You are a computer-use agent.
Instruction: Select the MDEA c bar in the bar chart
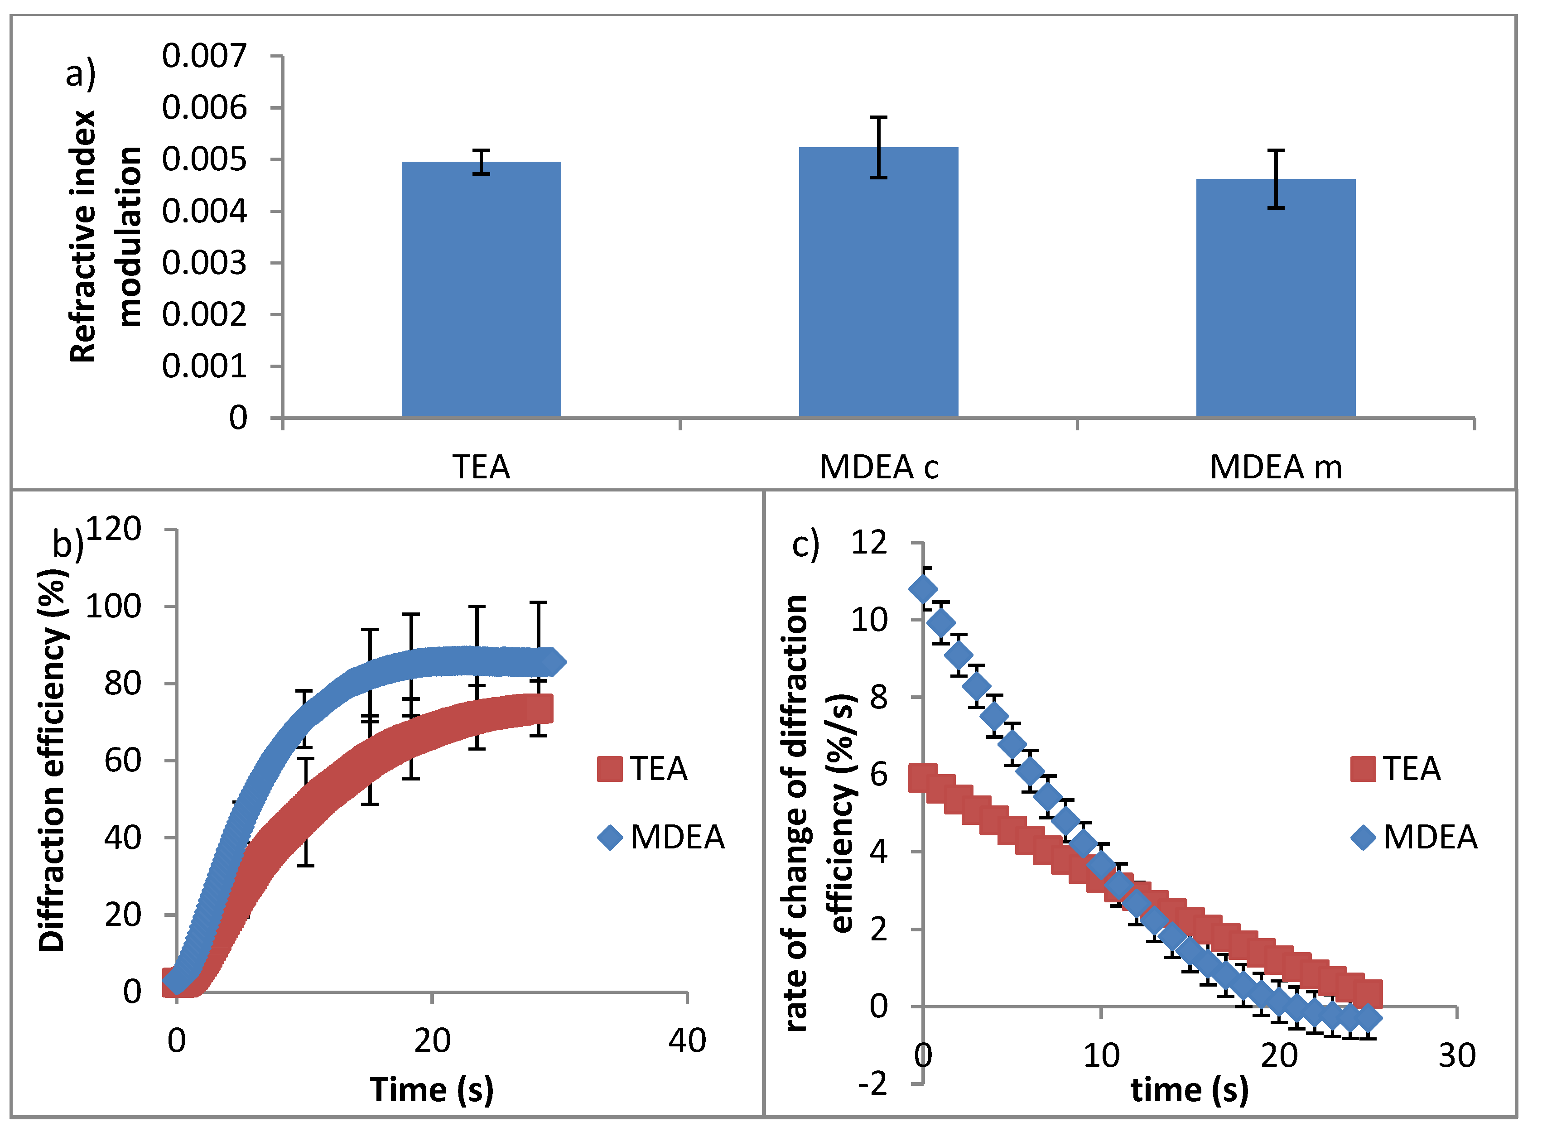coord(879,282)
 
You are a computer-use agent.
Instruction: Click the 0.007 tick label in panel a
coord(204,56)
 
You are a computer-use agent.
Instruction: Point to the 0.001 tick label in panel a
coord(204,366)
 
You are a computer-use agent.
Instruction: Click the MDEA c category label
coord(879,467)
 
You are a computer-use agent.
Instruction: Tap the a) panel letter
coord(80,74)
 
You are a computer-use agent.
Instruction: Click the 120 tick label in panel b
coord(113,529)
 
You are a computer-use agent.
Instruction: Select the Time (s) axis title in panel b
coord(432,1089)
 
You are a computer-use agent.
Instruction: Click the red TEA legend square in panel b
coord(609,769)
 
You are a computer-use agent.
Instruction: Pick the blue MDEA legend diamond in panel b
coord(609,838)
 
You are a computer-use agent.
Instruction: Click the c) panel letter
coord(805,545)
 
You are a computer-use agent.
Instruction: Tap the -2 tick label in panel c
coord(872,1084)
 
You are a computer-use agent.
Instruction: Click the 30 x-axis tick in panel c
coord(1457,1056)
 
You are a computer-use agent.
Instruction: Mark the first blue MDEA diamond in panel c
coord(923,589)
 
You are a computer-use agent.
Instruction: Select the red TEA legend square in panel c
coord(1363,769)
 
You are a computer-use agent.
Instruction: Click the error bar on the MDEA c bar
coord(879,147)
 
